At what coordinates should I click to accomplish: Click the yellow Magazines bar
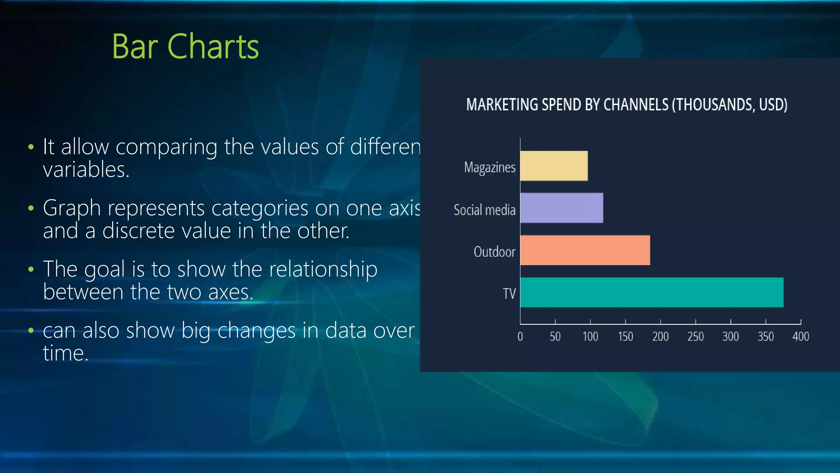(554, 166)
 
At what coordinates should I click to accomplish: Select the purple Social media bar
(562, 208)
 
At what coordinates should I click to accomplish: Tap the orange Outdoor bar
(585, 250)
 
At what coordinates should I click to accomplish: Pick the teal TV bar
(652, 292)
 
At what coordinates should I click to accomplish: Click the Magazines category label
(490, 168)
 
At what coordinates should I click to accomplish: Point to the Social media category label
(484, 210)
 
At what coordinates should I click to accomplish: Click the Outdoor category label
(494, 252)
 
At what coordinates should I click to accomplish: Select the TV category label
(509, 294)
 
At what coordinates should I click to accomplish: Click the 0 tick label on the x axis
(520, 337)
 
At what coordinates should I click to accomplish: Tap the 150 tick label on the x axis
(625, 337)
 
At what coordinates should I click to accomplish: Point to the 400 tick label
(801, 337)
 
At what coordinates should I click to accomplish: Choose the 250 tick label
(696, 337)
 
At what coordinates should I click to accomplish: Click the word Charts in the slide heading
(213, 47)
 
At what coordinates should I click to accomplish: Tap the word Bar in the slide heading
(135, 47)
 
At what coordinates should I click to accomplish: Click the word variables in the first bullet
(86, 170)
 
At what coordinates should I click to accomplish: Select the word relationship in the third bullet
(305, 269)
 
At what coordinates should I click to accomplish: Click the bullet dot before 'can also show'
(31, 331)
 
